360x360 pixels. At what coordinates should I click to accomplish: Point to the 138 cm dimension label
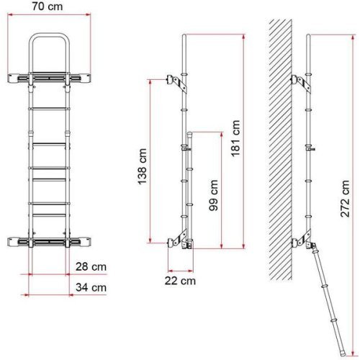click(143, 163)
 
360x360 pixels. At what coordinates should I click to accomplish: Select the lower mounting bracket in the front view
click(50, 241)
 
